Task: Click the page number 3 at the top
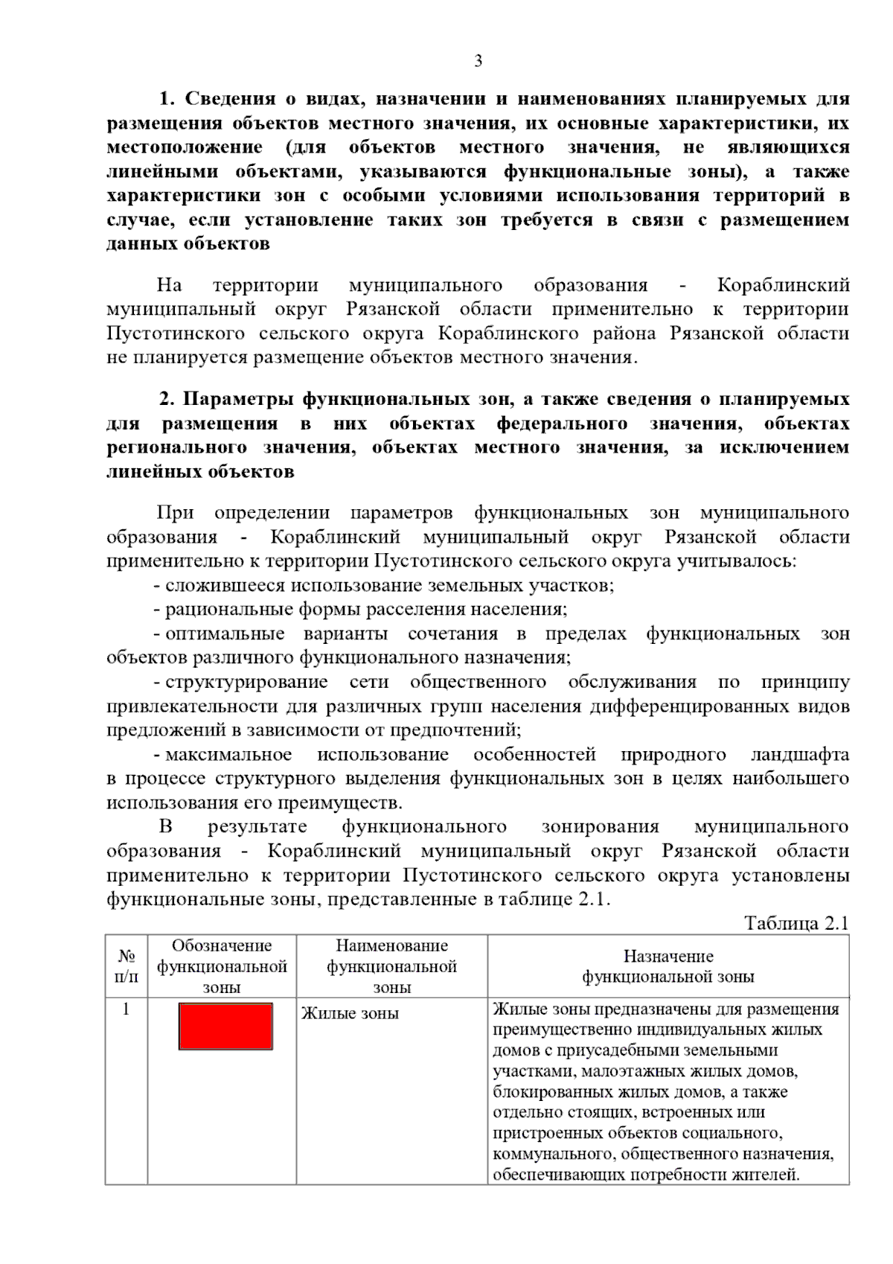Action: click(x=478, y=61)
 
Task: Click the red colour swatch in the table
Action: click(x=225, y=1026)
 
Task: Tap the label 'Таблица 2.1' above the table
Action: click(x=796, y=923)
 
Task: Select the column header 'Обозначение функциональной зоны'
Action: click(x=222, y=966)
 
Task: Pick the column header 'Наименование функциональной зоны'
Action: click(x=391, y=966)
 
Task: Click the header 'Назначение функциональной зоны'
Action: click(x=668, y=966)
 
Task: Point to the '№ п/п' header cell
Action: click(x=127, y=966)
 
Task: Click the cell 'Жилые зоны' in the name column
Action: click(x=350, y=1013)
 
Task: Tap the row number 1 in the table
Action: click(x=126, y=1009)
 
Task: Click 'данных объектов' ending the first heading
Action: click(x=188, y=243)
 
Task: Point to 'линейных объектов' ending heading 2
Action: click(x=200, y=471)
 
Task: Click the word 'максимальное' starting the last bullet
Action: click(x=228, y=754)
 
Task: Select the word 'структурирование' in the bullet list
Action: click(x=246, y=682)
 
